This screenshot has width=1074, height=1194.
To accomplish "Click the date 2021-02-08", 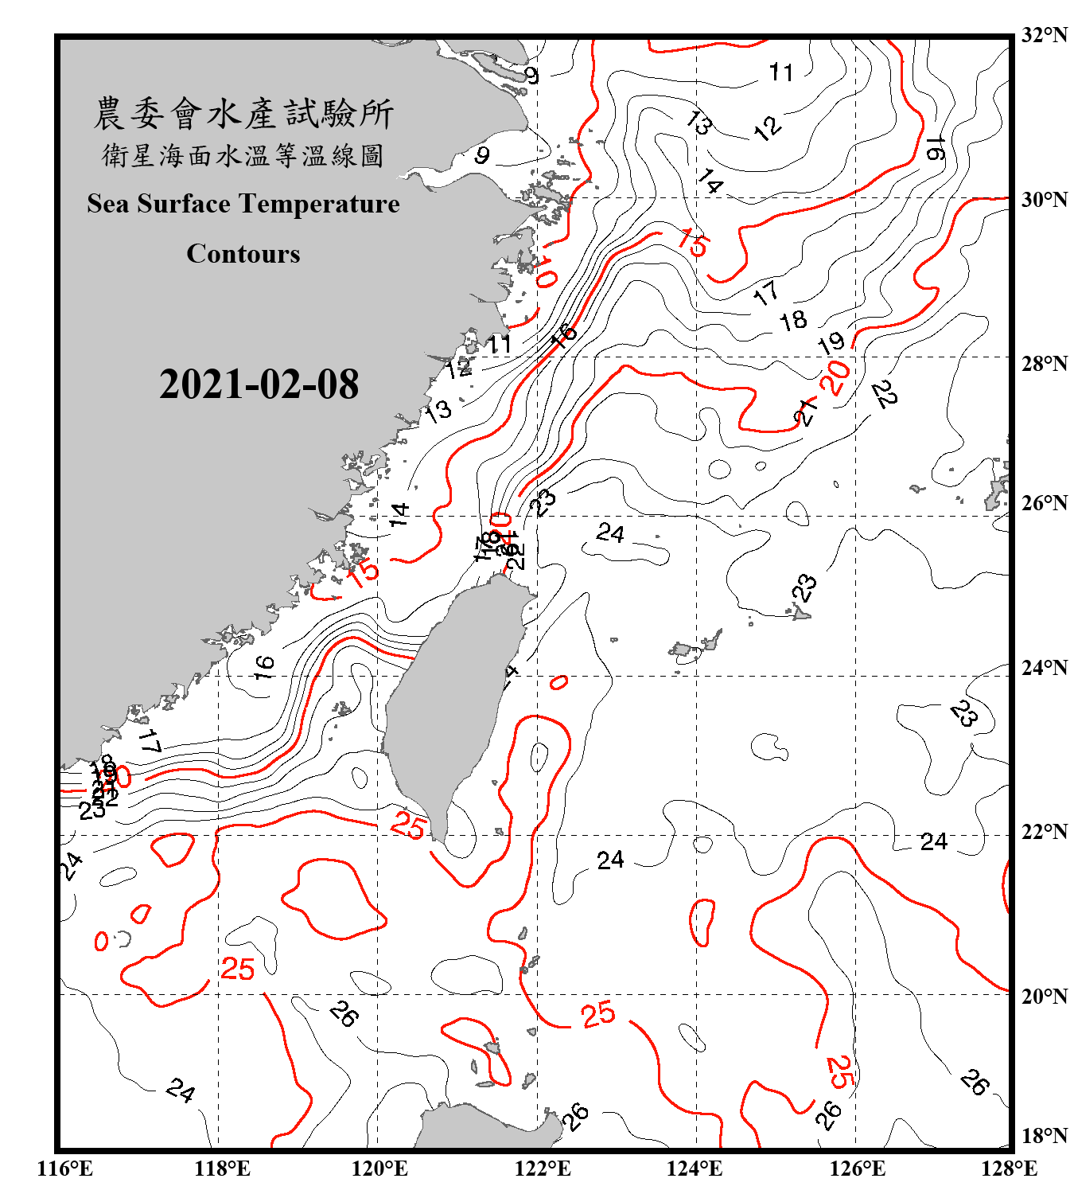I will coord(259,384).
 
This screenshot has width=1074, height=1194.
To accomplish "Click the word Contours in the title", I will coord(243,253).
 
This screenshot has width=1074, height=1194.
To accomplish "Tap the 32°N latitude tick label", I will coord(1044,35).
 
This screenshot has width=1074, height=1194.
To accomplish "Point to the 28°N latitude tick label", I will coord(1044,364).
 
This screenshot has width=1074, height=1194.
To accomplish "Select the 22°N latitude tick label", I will coord(1044,832).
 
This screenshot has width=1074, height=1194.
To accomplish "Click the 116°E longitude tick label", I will coord(65,1169).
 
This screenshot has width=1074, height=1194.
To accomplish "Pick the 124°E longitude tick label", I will coord(695,1169).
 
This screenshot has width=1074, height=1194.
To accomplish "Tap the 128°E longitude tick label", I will coord(1009,1169).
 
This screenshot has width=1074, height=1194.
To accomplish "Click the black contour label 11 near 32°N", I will coord(781,73).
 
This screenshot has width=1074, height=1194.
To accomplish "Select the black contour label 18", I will coord(792,321).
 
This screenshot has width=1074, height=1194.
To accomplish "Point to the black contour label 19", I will coord(831,344).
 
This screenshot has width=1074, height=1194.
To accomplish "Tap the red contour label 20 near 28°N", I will coord(835,377).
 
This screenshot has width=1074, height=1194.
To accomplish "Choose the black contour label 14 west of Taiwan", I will coord(399,514).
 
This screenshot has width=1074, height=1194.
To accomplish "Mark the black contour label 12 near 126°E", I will coord(768,128).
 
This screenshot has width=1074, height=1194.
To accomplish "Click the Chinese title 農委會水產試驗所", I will coord(243,114).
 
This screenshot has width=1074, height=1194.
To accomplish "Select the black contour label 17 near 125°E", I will coord(766,294).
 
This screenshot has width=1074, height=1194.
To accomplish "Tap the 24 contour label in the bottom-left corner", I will coord(180,1090).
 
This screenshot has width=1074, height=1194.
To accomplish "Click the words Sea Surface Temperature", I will coord(243,204).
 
